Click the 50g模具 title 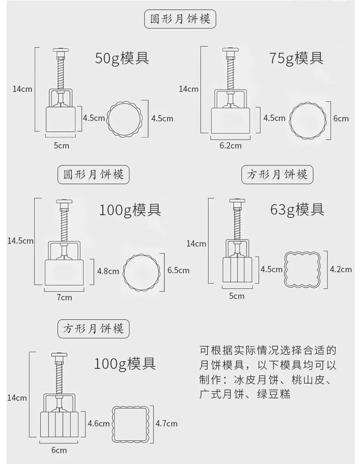coord(122,58)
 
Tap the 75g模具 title coord(296,58)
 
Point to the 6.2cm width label coord(230,146)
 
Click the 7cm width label coord(64,297)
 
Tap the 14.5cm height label coord(20,241)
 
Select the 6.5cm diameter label coord(178,270)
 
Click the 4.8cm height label coord(108,271)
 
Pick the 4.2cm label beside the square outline coord(340,269)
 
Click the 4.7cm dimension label coord(166,424)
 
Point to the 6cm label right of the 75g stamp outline coord(341,118)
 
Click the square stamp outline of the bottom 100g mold coord(132,424)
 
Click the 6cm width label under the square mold coord(59,450)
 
